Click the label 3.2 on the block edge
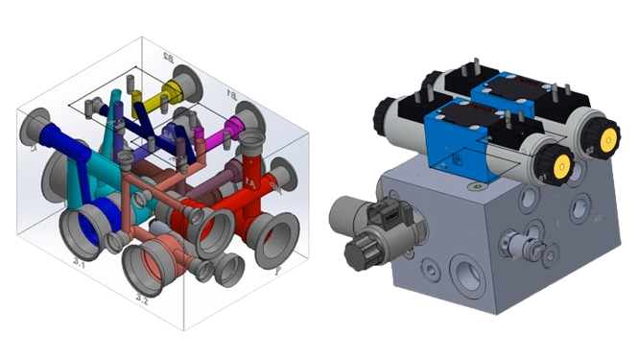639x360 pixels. click(x=142, y=300)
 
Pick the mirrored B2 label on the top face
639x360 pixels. click(x=170, y=60)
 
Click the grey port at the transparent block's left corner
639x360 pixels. click(x=36, y=128)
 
